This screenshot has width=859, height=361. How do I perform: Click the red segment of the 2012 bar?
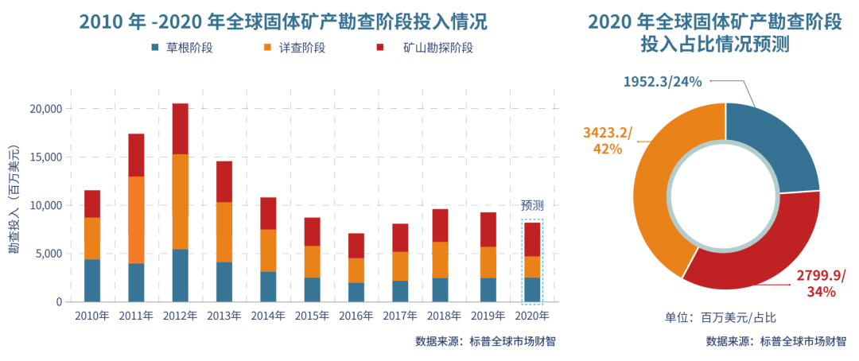180,128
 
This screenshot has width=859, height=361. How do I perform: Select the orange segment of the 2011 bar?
136,219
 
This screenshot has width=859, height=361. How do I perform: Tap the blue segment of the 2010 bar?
92,281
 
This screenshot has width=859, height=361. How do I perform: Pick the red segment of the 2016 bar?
356,246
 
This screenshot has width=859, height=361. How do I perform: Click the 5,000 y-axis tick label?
47,254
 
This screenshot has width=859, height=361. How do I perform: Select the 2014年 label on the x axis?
268,316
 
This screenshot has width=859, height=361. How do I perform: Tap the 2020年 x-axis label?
531,316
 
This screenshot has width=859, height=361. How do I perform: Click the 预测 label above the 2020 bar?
531,204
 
